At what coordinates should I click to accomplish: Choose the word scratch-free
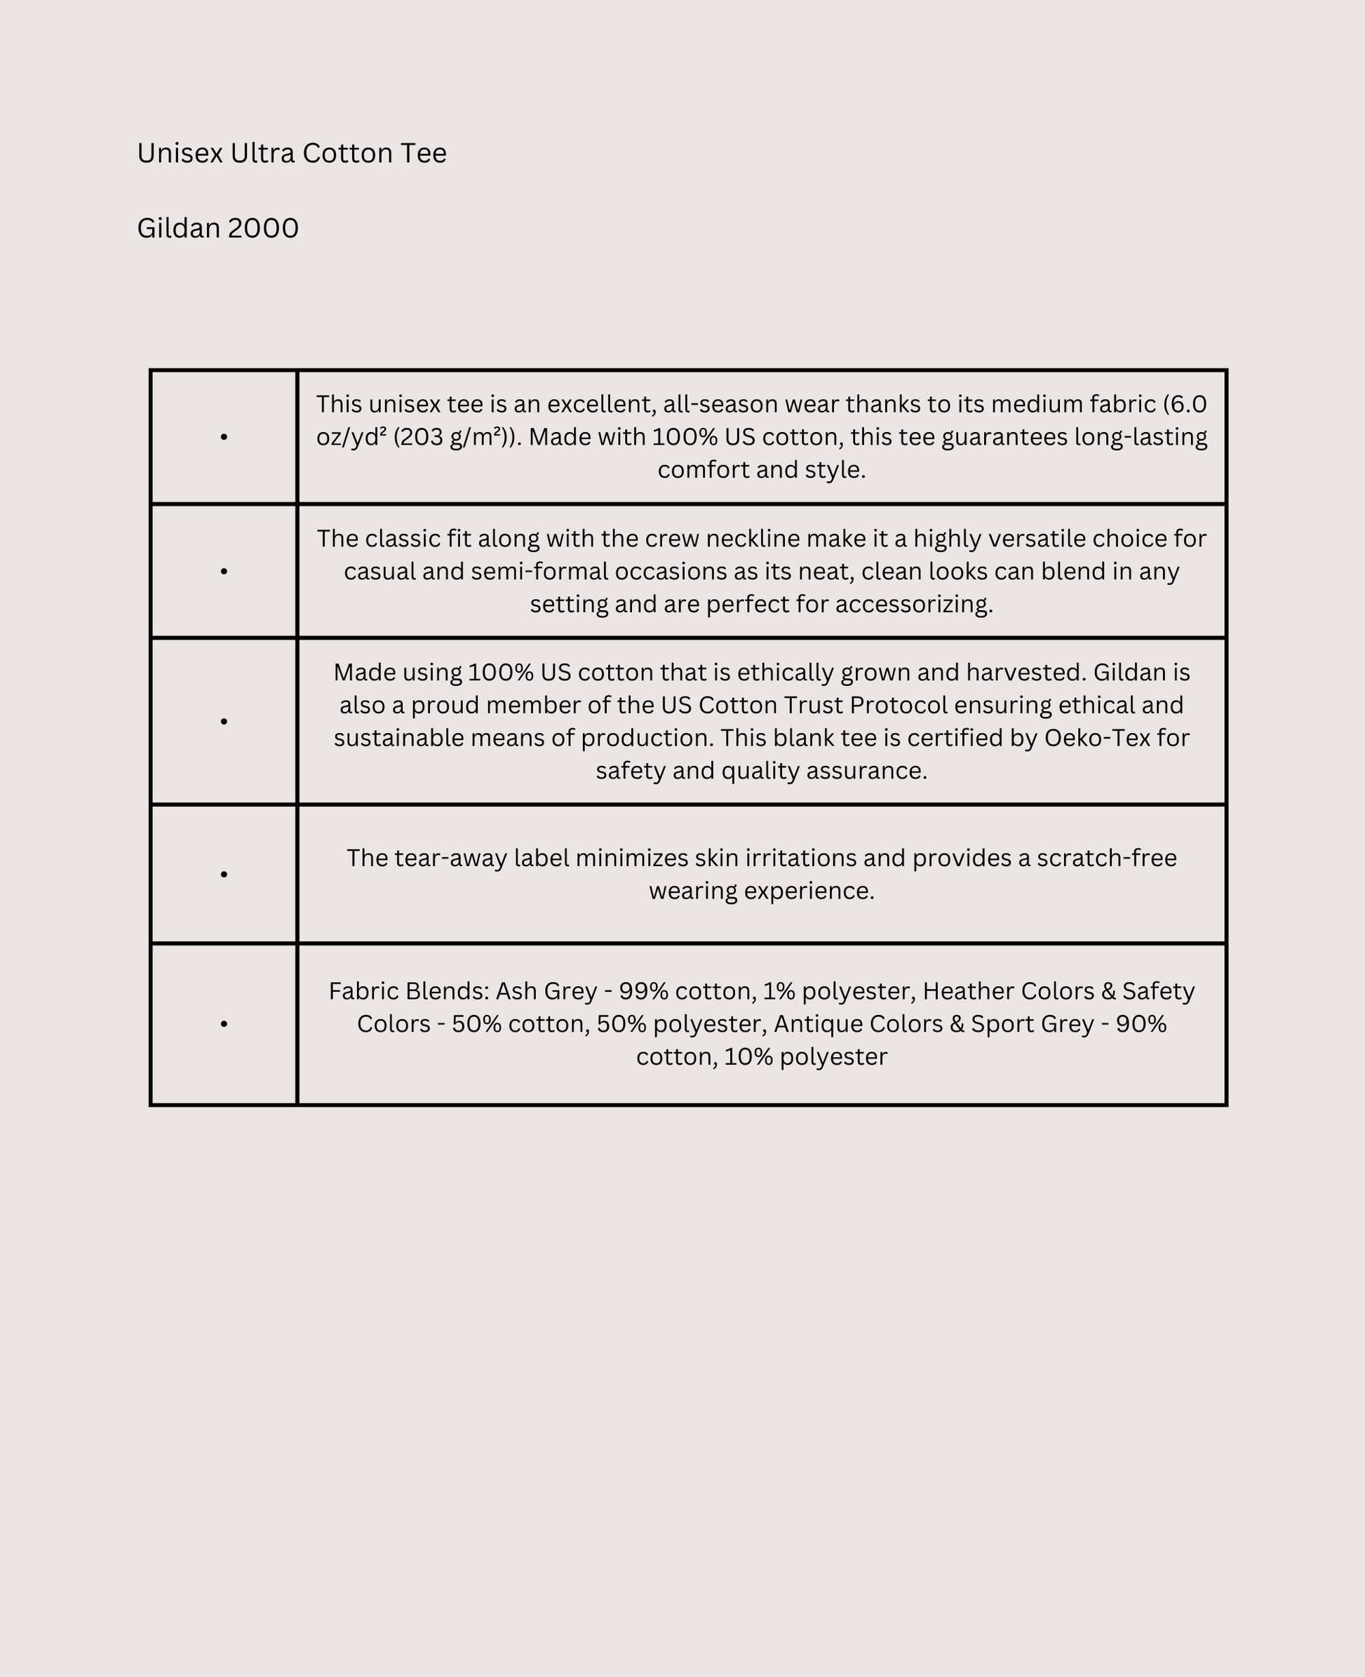(x=1106, y=858)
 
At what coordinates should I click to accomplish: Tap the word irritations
(x=800, y=858)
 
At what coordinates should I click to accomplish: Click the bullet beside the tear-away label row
(x=224, y=875)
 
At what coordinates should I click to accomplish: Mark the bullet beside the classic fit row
(x=224, y=572)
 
